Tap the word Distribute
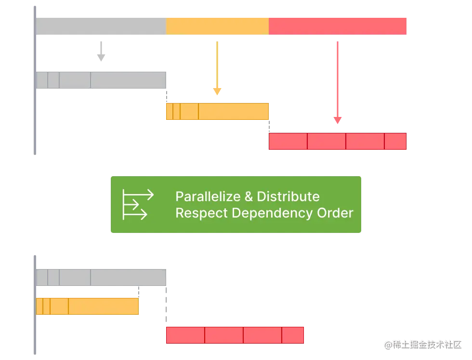(288, 196)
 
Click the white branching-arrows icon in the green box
(137, 204)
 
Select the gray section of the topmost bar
(101, 25)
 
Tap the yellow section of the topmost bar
(217, 25)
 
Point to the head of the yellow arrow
(217, 90)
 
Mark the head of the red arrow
(337, 120)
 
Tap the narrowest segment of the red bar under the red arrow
(395, 141)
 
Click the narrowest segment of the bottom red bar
(293, 335)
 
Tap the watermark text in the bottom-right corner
(422, 344)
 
